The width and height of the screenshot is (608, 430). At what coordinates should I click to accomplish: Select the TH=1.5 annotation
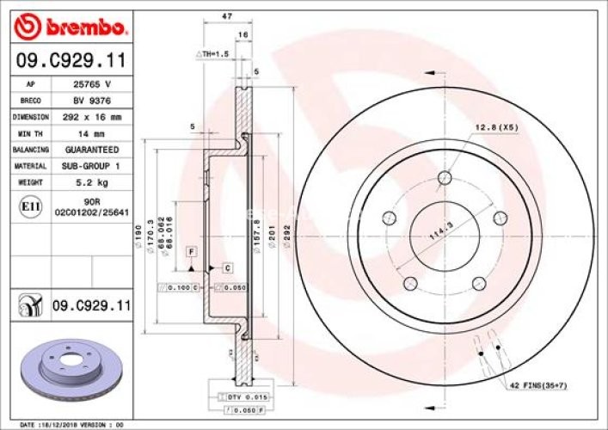tap(215, 54)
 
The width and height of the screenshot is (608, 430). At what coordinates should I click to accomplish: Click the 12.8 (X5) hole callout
tap(496, 128)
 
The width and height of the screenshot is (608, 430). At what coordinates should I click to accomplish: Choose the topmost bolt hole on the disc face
tap(444, 178)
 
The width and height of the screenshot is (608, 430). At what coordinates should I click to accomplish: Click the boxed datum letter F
tap(190, 250)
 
